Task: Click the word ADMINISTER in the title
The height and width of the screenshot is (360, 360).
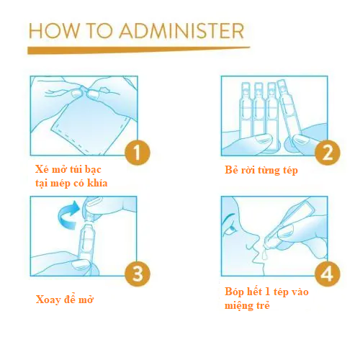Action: click(182, 31)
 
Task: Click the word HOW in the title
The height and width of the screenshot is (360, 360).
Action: click(54, 31)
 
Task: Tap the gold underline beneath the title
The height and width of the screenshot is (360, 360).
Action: click(139, 50)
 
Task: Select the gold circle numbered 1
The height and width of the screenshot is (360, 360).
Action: click(138, 153)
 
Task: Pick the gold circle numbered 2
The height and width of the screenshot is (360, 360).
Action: click(328, 153)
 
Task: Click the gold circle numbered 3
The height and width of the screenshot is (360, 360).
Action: click(138, 274)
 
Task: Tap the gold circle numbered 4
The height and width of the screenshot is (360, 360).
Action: click(328, 274)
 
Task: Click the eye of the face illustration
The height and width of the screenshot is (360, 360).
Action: click(232, 228)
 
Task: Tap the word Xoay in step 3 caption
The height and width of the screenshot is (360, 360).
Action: click(48, 300)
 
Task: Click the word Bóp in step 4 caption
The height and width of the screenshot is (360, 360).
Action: click(234, 292)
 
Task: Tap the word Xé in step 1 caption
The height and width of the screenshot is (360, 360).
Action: click(42, 169)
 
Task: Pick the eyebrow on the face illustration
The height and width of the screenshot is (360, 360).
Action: click(229, 217)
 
